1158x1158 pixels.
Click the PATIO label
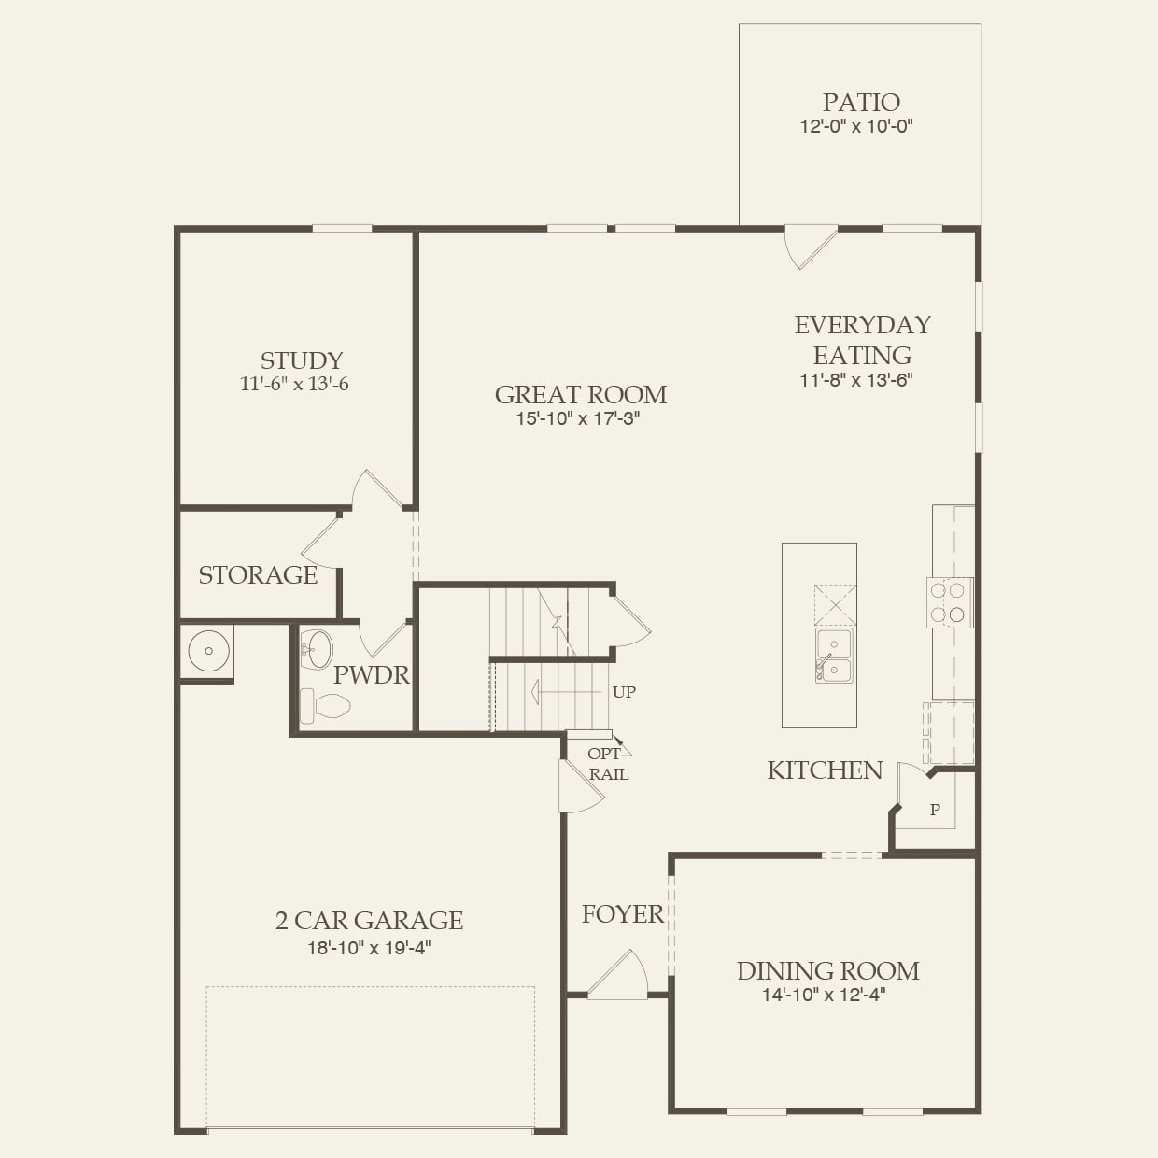(860, 102)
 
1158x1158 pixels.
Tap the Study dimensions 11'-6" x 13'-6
(294, 384)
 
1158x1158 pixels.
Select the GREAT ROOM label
(580, 394)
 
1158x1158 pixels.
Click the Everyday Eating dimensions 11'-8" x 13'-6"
(855, 380)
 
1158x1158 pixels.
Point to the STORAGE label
(258, 574)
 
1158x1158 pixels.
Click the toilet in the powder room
(325, 704)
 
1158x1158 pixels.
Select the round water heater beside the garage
(208, 650)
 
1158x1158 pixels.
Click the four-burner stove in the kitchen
(949, 602)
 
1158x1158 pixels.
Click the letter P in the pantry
(935, 810)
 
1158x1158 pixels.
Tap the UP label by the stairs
(624, 692)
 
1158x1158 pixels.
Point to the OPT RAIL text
(607, 764)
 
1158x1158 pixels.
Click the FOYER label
(622, 913)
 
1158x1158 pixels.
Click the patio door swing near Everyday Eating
(808, 245)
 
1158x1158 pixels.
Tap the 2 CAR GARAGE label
(369, 920)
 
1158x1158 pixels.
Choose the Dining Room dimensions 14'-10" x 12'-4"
(823, 996)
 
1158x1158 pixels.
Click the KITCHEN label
(825, 770)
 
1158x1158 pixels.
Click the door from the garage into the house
(579, 787)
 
